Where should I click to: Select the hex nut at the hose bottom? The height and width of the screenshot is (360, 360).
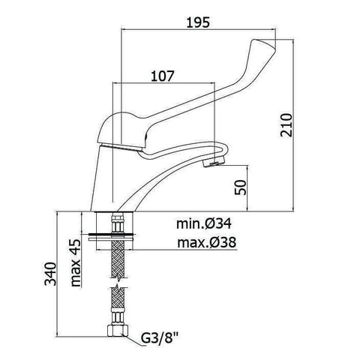click(117, 332)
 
